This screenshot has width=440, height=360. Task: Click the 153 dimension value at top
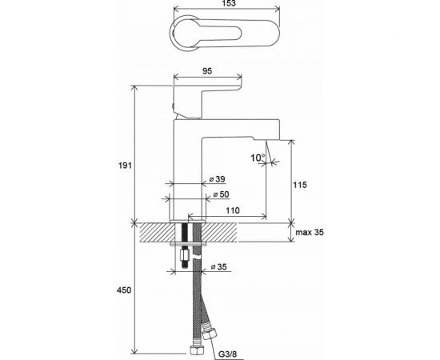click(x=229, y=3)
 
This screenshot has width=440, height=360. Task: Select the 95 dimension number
click(x=207, y=71)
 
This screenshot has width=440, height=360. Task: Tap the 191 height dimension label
click(x=125, y=166)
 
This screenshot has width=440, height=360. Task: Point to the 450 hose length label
click(x=124, y=290)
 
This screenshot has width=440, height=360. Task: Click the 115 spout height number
click(x=300, y=185)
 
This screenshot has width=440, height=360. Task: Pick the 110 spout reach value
click(x=233, y=210)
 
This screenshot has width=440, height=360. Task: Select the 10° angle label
click(x=258, y=158)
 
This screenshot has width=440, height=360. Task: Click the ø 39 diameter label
click(x=218, y=179)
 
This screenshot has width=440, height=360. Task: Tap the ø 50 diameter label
click(x=221, y=194)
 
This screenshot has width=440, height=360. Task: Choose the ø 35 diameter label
click(x=219, y=266)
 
